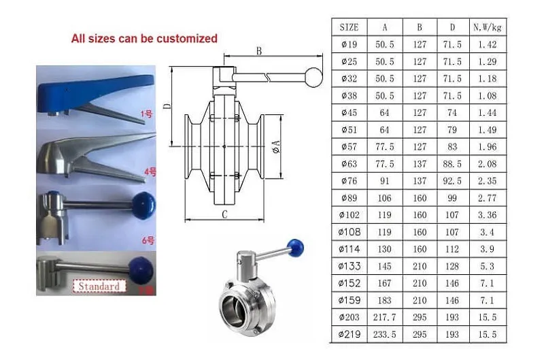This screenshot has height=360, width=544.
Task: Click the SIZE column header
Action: (x=349, y=27)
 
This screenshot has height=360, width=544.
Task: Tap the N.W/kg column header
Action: (x=488, y=27)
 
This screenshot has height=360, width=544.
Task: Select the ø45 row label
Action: (x=349, y=112)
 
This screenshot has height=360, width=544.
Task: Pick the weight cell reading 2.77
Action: (x=487, y=198)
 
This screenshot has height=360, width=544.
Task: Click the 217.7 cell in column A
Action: (x=384, y=317)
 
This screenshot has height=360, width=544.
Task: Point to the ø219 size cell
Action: (x=349, y=334)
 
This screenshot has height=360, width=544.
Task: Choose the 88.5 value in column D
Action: (x=452, y=164)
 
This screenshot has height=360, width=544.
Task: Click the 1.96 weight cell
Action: (x=487, y=147)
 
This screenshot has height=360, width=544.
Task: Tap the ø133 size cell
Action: (x=349, y=266)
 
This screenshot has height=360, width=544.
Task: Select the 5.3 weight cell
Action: (x=487, y=266)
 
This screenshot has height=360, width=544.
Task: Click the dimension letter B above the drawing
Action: (x=259, y=51)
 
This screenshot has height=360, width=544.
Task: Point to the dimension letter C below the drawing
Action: (x=224, y=214)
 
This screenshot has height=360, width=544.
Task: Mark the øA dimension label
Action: (x=276, y=146)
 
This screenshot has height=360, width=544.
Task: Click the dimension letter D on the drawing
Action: (x=167, y=105)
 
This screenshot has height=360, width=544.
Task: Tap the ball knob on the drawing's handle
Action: (x=314, y=78)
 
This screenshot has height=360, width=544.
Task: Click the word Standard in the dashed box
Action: (x=99, y=287)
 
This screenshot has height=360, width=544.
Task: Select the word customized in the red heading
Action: (x=182, y=38)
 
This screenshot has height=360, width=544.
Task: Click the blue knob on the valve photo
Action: (x=296, y=247)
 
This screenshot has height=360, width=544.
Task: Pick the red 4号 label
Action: (x=150, y=171)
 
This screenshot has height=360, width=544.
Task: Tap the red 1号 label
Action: (x=146, y=113)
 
